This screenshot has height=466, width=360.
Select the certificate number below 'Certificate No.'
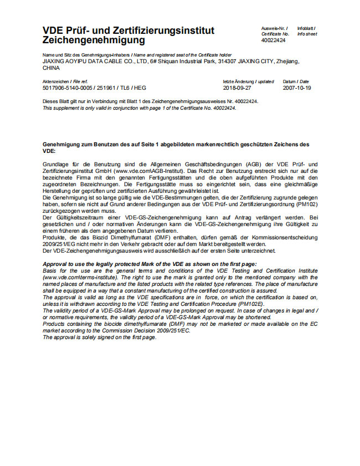(x=274, y=40)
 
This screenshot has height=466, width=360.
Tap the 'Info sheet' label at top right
(x=307, y=33)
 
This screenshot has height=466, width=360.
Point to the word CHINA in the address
(x=51, y=68)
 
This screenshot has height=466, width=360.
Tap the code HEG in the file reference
(x=140, y=88)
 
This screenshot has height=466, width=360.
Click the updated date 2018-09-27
(x=237, y=88)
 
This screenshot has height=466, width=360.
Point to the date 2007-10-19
(x=297, y=88)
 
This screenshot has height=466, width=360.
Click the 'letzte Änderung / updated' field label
(x=248, y=81)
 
